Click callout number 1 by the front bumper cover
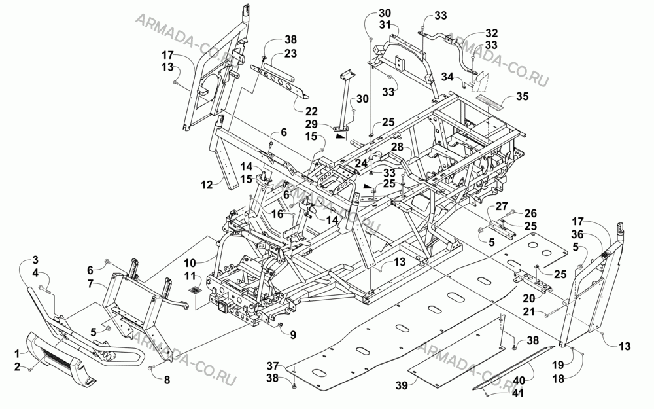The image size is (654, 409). (17, 354)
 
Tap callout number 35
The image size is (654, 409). (522, 96)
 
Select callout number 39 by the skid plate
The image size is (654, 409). (402, 385)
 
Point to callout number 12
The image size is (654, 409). (207, 185)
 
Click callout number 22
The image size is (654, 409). (311, 111)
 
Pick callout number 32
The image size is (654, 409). (491, 33)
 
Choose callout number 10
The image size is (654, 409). (190, 263)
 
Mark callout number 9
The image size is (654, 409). (293, 334)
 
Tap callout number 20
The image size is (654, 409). (529, 299)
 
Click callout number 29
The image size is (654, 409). (311, 124)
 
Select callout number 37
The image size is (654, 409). (273, 366)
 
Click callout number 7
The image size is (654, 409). (90, 284)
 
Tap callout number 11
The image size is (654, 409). (190, 276)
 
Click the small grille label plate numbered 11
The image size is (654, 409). (195, 289)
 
